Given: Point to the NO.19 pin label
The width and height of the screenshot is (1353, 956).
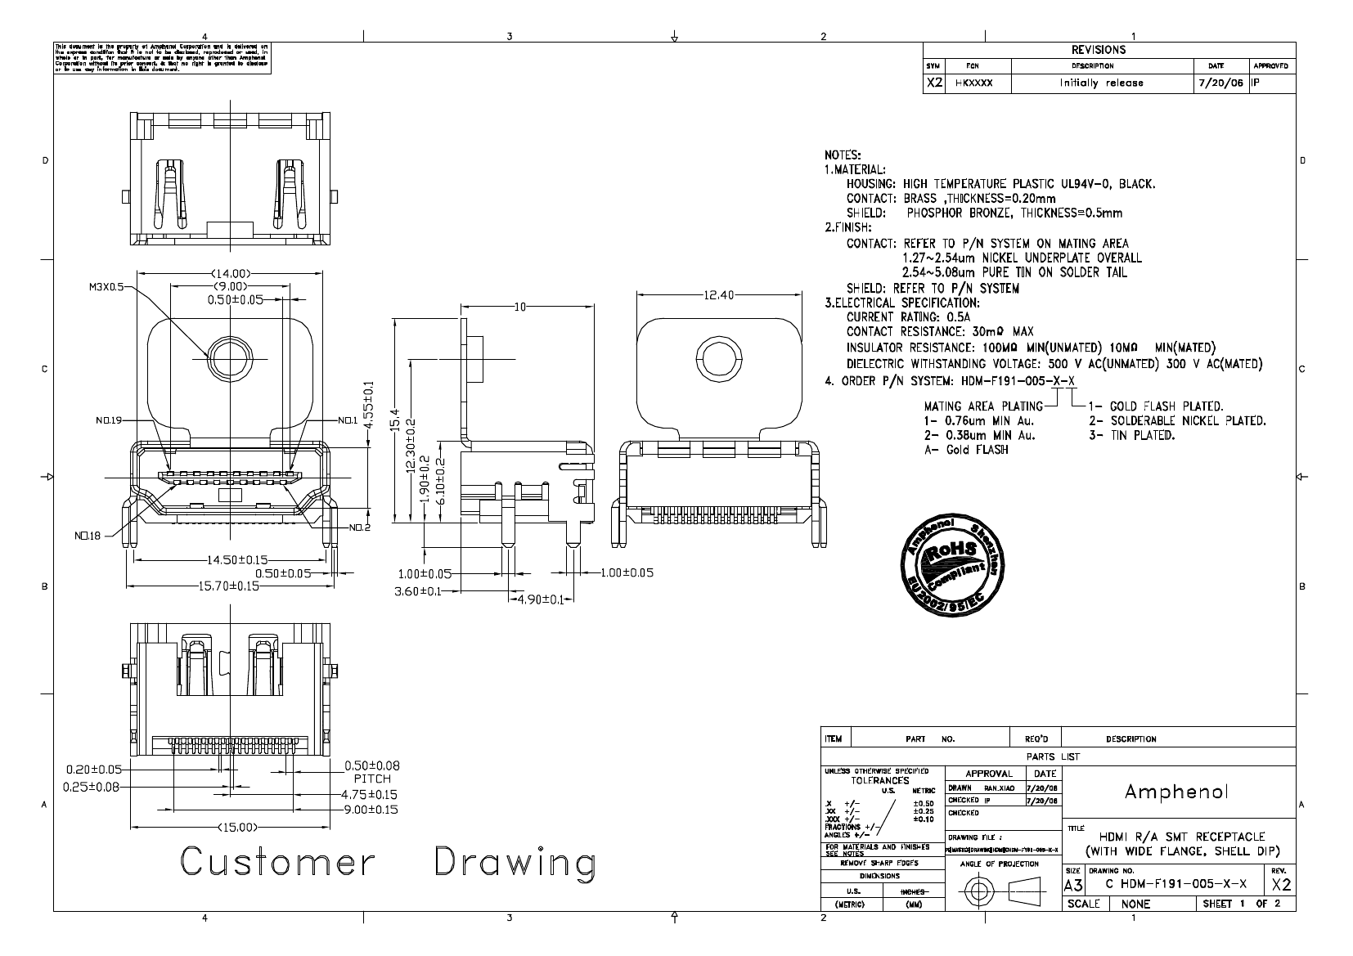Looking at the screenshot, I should click(107, 420).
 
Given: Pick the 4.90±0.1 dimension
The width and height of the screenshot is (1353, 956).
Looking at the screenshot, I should click(538, 599).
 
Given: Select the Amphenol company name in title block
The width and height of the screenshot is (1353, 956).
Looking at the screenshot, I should click(1176, 792).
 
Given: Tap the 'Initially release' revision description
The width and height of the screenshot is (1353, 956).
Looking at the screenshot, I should click(1101, 83).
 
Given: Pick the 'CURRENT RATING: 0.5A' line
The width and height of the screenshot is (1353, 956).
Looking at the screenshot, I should click(908, 317).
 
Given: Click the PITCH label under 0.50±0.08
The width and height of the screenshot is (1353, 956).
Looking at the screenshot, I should click(372, 779).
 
